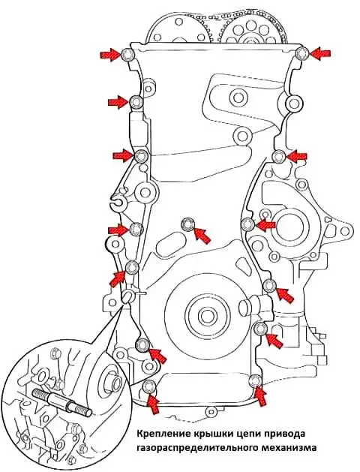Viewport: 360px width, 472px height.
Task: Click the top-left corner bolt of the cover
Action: pos(127,55)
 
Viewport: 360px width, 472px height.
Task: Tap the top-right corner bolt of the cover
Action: pos(302,53)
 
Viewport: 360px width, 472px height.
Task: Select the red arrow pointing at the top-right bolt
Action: pos(319,53)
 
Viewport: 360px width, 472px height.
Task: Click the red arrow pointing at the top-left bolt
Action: pos(110,55)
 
